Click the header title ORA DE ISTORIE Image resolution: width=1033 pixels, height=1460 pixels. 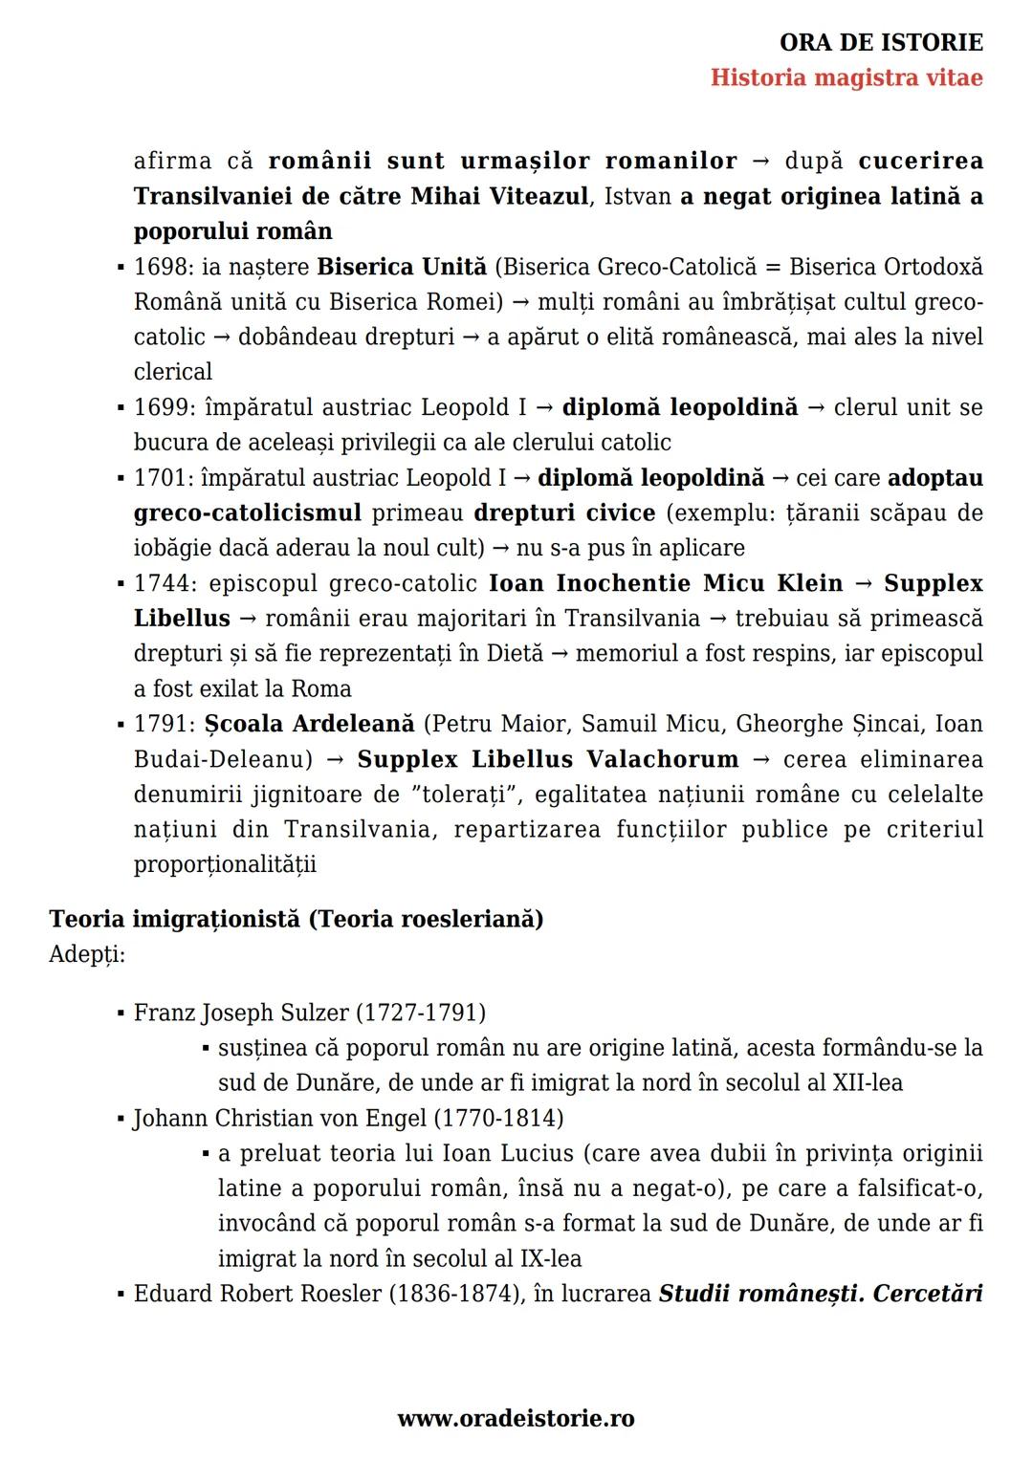(x=881, y=43)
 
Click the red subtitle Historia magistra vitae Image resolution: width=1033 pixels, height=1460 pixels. (x=846, y=77)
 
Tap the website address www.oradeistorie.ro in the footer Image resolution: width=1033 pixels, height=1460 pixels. (x=516, y=1419)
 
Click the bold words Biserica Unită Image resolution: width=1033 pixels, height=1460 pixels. (x=402, y=267)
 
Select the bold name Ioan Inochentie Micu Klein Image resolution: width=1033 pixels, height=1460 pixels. (x=666, y=583)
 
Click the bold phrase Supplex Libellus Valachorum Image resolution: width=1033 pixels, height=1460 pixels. (x=548, y=759)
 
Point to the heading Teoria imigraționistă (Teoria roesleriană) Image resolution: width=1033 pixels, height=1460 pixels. (x=297, y=919)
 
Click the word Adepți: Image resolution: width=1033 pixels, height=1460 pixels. (x=87, y=954)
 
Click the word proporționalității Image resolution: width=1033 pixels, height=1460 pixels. (x=225, y=864)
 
